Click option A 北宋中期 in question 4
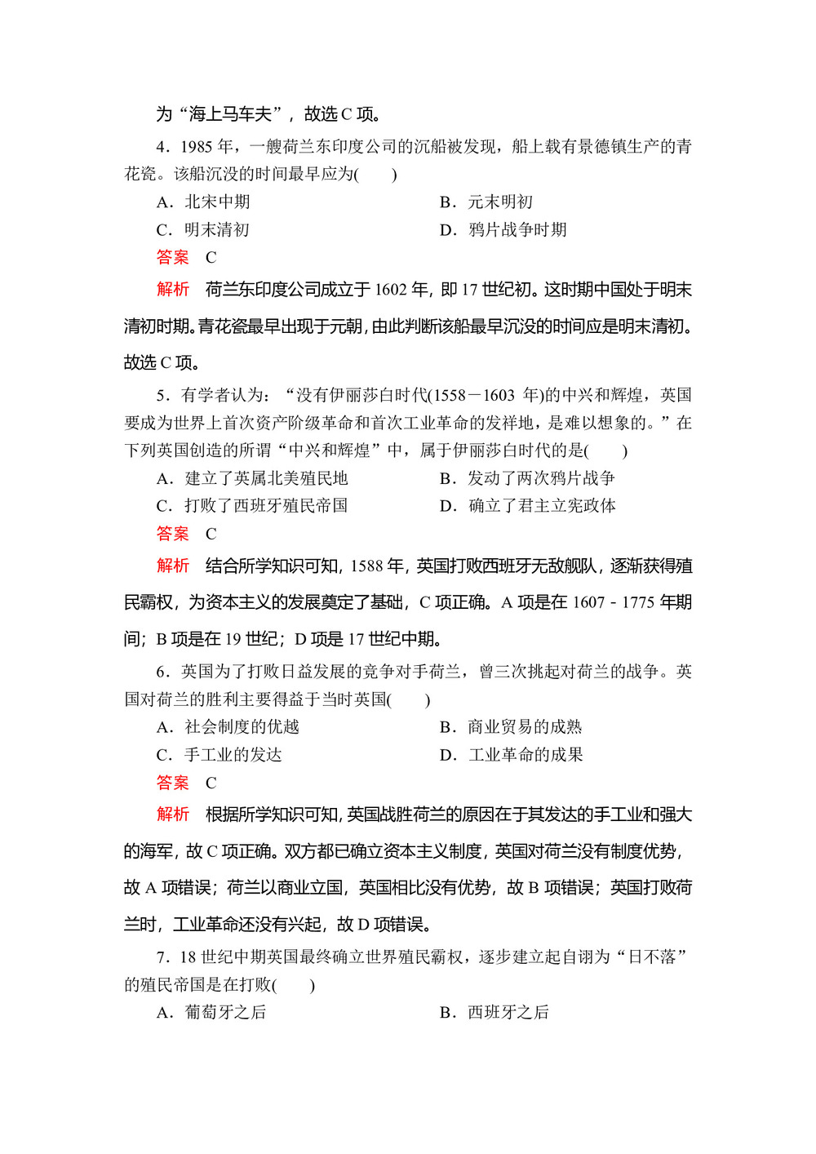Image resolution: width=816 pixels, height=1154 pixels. [x=204, y=202]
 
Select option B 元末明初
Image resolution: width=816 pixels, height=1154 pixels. [x=486, y=202]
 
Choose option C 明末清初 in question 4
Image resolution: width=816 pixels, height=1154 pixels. [x=204, y=229]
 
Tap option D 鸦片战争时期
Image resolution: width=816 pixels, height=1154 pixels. [x=503, y=229]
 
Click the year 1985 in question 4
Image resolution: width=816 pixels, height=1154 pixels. [x=197, y=146]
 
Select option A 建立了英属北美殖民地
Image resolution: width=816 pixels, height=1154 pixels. [x=252, y=478]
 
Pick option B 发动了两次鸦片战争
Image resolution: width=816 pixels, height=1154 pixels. [x=527, y=478]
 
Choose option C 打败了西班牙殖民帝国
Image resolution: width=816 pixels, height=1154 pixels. [x=252, y=506]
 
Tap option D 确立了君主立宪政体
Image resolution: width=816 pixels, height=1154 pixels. [x=527, y=506]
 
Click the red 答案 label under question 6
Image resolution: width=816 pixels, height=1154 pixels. [x=172, y=783]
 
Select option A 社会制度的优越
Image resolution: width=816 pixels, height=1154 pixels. [x=228, y=727]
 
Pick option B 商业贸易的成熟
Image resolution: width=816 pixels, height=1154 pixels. [x=511, y=727]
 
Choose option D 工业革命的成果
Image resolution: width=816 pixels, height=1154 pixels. [x=511, y=755]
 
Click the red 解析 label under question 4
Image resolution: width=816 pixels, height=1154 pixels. [x=172, y=290]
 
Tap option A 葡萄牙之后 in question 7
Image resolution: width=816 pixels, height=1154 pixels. [x=212, y=1012]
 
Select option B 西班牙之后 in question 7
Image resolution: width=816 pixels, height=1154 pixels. [x=494, y=1012]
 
